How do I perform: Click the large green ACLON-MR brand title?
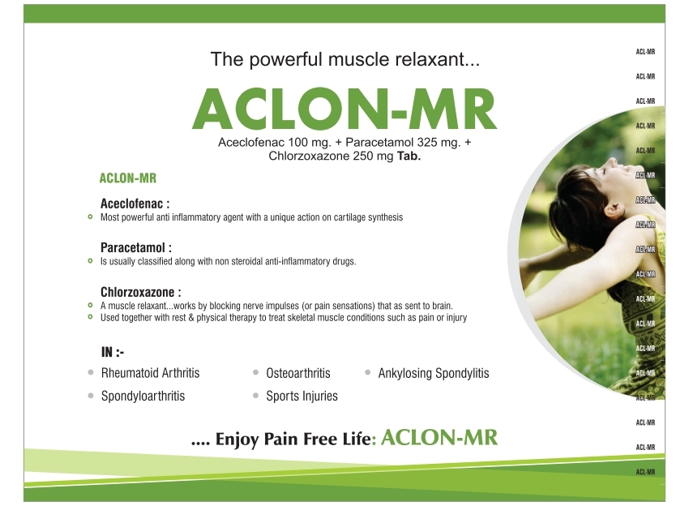click(x=344, y=108)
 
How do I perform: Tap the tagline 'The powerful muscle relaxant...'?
click(x=344, y=58)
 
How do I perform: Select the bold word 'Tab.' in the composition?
click(x=407, y=157)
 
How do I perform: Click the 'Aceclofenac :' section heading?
click(x=135, y=204)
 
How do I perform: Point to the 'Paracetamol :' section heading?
click(x=136, y=247)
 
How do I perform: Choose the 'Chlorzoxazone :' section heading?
click(x=140, y=291)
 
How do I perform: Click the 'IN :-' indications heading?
click(x=112, y=352)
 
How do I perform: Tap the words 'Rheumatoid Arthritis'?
click(x=150, y=374)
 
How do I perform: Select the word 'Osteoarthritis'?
click(x=298, y=374)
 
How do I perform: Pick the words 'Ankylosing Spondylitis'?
click(x=434, y=374)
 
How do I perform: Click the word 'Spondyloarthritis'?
click(x=143, y=397)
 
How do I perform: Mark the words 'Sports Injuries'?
click(x=302, y=397)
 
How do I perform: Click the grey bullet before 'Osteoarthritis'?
click(x=255, y=373)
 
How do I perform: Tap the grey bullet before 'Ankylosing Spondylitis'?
click(x=367, y=373)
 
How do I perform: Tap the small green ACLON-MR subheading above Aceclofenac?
click(x=127, y=178)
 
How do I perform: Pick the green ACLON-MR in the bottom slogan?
click(x=439, y=439)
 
